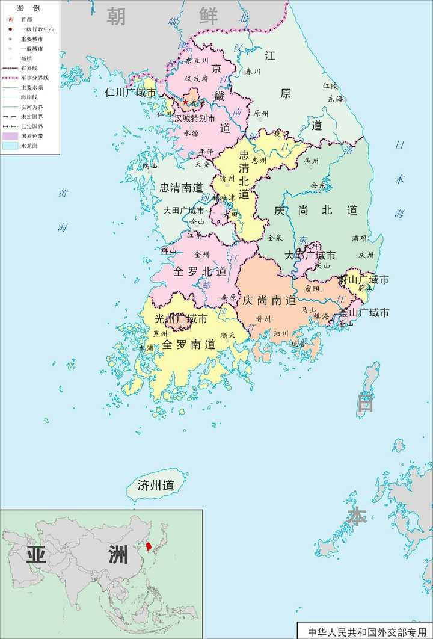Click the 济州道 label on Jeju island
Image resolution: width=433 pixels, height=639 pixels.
[x=156, y=486]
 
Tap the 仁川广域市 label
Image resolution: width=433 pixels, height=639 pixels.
[x=131, y=93]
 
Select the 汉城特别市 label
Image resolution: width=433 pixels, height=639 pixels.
[x=194, y=119]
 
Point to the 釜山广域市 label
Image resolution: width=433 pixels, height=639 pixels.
[x=364, y=313]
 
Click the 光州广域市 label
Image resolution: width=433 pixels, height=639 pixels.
[x=181, y=319]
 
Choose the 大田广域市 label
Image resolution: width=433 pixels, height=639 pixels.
[x=184, y=211]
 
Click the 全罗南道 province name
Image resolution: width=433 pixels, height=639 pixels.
[x=188, y=345]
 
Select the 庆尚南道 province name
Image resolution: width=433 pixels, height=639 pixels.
[x=269, y=300]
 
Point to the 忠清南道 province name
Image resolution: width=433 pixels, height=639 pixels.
[x=181, y=187]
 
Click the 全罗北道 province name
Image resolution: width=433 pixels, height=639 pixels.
[x=200, y=272]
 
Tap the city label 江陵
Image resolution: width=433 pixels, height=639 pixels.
[x=330, y=86]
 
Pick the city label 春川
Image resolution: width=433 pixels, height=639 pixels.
[x=253, y=72]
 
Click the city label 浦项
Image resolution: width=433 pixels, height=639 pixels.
[x=360, y=238]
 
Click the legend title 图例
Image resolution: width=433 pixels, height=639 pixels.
[x=28, y=8]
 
